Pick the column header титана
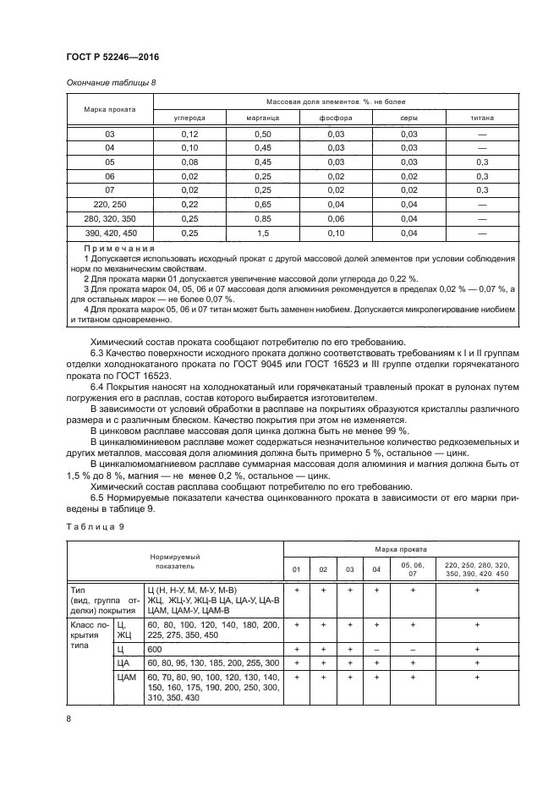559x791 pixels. tap(483, 118)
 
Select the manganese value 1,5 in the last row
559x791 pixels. tap(263, 232)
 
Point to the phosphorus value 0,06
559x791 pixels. tap(337, 218)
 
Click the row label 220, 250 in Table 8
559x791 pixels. tap(109, 204)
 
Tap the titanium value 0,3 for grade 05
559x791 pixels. tap(483, 162)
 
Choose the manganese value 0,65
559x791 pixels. tap(263, 204)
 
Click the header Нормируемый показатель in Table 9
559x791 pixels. tap(174, 563)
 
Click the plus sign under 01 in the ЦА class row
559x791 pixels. tap(296, 662)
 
